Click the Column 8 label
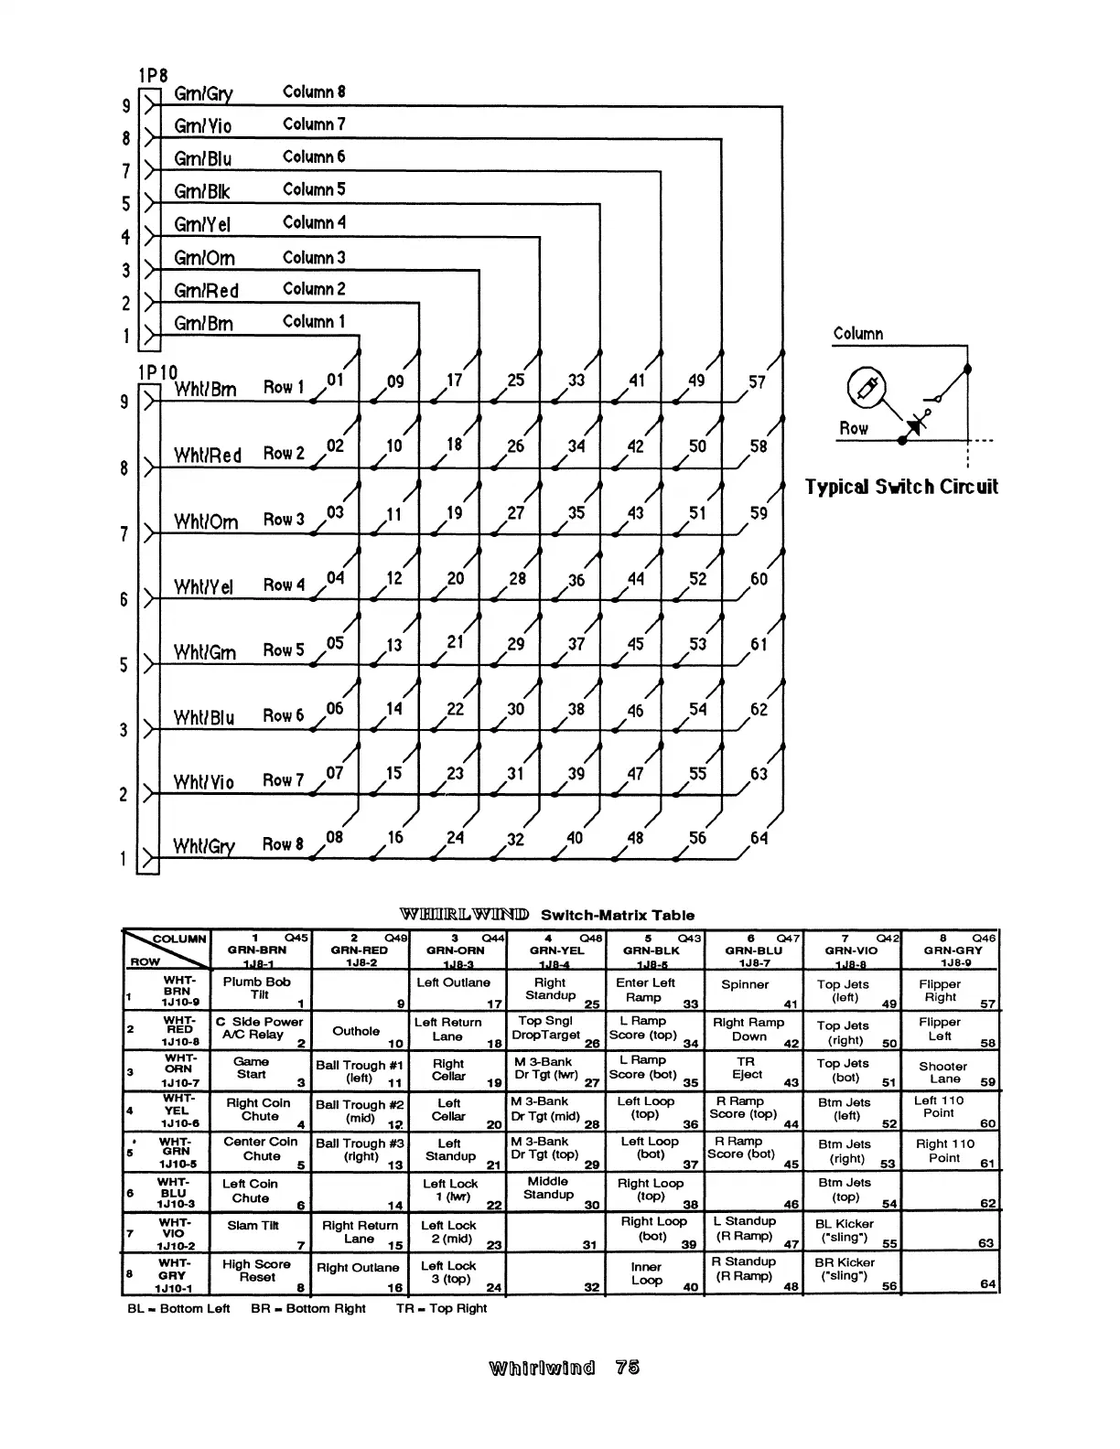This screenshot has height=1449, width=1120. point(314,92)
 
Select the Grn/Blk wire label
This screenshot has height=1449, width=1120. point(202,192)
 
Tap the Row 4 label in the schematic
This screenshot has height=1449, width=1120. point(284,585)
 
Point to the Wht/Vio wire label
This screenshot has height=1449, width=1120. point(204,782)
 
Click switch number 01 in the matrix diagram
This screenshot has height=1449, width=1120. point(335,379)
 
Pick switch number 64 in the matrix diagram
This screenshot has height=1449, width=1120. point(759,838)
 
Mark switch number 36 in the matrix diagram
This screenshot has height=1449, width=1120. point(576,580)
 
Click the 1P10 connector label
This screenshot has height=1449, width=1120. point(156,372)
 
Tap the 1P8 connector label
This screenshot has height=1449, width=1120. point(153,75)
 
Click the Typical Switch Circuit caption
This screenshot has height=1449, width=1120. point(901,487)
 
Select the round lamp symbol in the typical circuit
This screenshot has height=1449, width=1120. point(866,390)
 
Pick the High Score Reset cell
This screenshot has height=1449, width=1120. point(257,1271)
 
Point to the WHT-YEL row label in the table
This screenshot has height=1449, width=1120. point(177,1111)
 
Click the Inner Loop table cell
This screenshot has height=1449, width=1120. point(646,1273)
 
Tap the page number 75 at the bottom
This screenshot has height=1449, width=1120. point(628,1368)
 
